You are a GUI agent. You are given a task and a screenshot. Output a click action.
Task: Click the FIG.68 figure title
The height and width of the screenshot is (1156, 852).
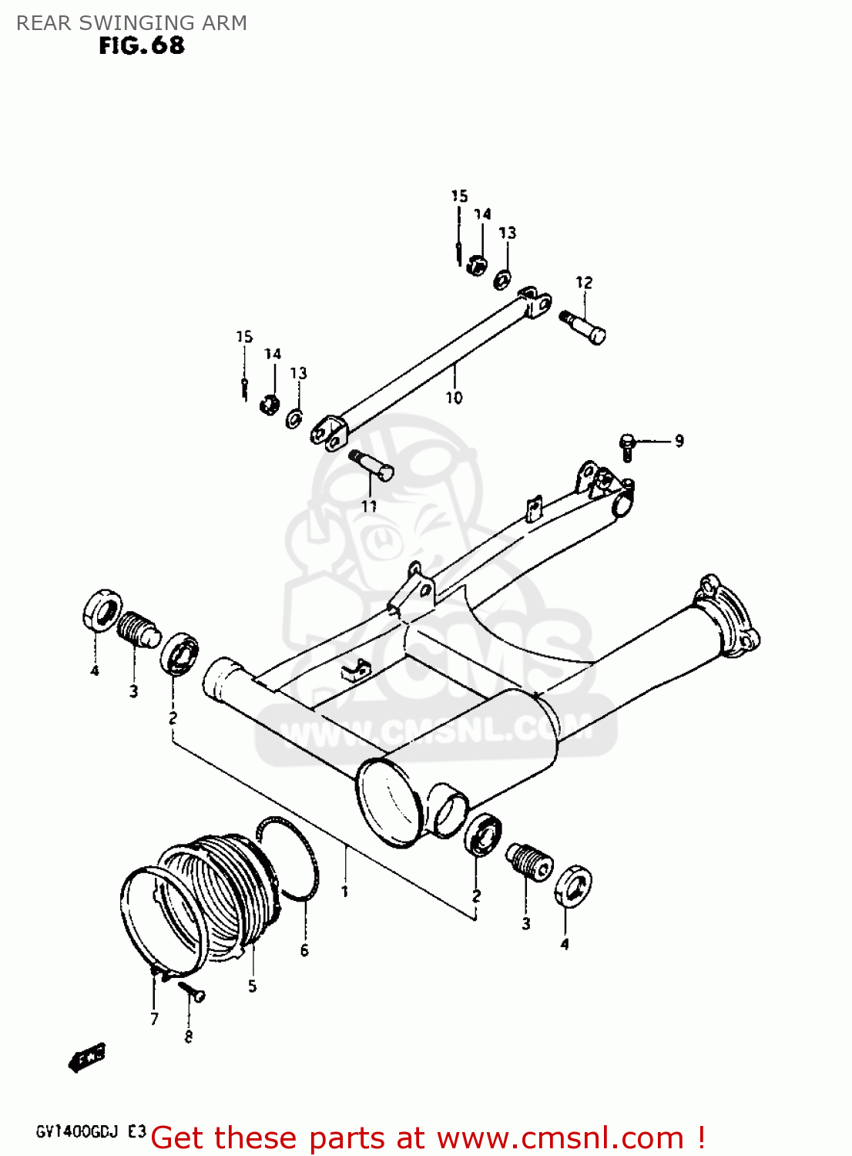point(142,46)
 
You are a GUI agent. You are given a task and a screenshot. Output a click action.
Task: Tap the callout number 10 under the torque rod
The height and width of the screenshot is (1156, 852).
point(454,398)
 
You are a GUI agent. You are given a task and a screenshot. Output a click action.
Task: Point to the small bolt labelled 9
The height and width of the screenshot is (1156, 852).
point(627,446)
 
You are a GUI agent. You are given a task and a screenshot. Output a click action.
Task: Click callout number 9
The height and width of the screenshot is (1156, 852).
point(679,441)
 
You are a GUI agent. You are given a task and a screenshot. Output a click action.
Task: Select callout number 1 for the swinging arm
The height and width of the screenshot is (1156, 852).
point(345,892)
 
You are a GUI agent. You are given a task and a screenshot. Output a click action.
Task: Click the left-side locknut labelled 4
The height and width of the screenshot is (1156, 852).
point(100,610)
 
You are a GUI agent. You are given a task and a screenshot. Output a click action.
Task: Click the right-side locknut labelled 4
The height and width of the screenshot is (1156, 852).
point(573,886)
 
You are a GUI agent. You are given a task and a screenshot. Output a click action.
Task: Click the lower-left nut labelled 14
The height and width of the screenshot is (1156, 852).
point(270,402)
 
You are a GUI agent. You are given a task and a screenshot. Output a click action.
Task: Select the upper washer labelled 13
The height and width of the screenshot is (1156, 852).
point(503,278)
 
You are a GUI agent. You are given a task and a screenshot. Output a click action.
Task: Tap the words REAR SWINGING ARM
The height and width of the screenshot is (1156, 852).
point(132,23)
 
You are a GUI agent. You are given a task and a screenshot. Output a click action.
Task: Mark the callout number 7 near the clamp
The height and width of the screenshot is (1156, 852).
point(154,1019)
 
